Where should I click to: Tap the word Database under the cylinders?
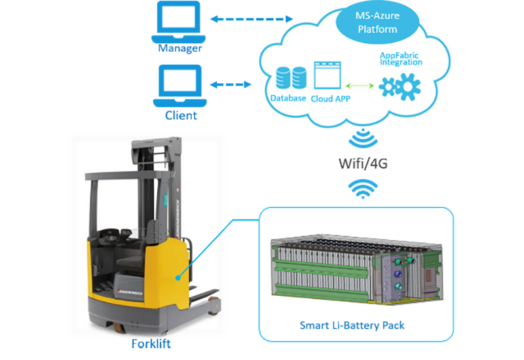click(x=288, y=98)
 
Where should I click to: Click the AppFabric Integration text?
click(x=401, y=59)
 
